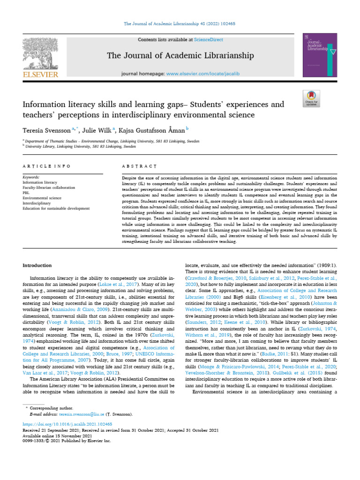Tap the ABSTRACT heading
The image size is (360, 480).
pyautogui.click(x=139, y=166)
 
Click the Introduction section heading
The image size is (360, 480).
pyautogui.click(x=37, y=265)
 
